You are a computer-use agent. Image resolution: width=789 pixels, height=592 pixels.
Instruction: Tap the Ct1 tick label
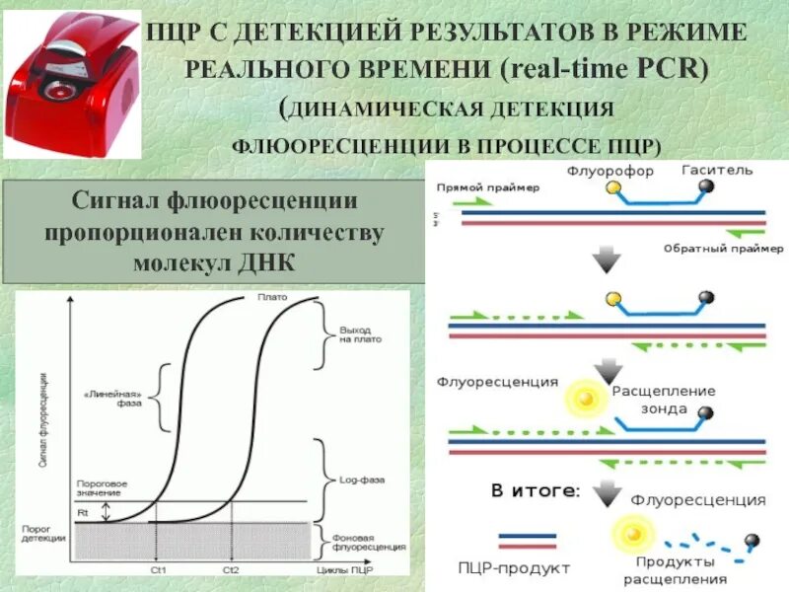159,570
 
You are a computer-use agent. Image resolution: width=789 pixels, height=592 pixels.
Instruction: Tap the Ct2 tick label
231,570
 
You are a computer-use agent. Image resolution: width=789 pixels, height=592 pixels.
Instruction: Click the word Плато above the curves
270,297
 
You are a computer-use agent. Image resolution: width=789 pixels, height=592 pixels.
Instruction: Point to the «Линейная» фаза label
119,397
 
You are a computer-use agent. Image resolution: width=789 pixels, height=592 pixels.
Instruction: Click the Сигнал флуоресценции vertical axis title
44,434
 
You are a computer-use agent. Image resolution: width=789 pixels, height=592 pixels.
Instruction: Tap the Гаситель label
717,170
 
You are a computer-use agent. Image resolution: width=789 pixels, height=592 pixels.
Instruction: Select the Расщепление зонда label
664,399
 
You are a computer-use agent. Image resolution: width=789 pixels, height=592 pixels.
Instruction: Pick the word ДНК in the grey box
266,261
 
